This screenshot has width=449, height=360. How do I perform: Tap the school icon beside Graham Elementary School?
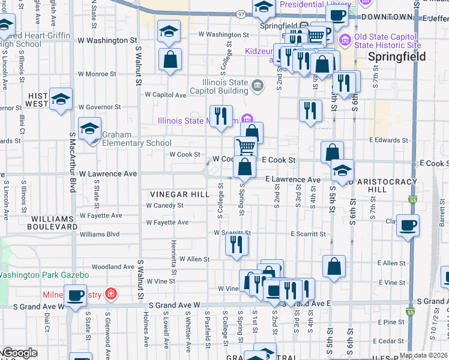(x=90, y=130)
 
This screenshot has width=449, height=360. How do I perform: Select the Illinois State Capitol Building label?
(x=219, y=86)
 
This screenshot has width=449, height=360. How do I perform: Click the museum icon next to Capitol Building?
(x=258, y=86)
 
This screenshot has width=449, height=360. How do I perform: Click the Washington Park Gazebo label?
(x=44, y=275)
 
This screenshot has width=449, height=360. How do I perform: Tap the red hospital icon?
(x=110, y=294)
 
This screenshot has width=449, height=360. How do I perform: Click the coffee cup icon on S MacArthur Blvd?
(x=76, y=296)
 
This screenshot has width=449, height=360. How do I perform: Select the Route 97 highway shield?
(x=241, y=14)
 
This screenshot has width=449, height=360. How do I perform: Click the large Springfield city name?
(x=397, y=57)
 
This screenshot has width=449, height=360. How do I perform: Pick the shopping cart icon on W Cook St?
(x=246, y=146)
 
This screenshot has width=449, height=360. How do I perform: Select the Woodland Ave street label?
(x=113, y=266)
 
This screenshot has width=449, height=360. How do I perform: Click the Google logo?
(x=20, y=353)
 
